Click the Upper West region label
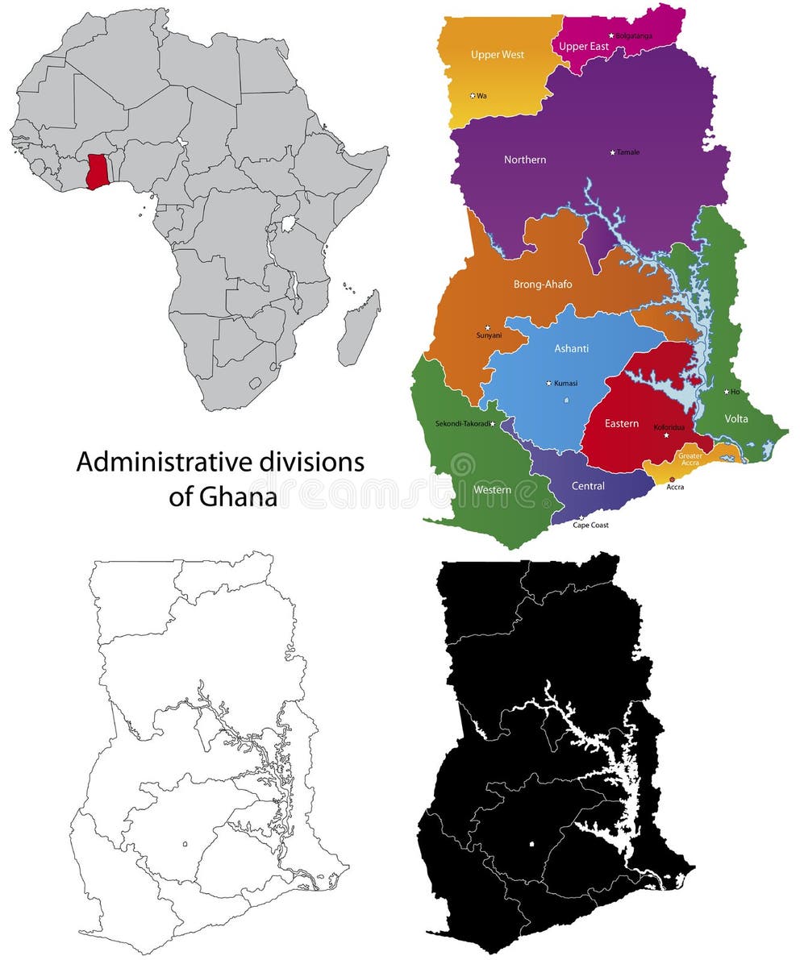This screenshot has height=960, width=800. tap(498, 55)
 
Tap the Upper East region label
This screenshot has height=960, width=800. tap(584, 47)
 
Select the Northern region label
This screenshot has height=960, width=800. tap(525, 160)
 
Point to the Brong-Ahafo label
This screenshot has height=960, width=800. tap(543, 284)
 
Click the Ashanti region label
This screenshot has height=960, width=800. tap(572, 348)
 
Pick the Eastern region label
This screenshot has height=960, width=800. tap(622, 423)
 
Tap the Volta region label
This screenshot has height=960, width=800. tap(736, 418)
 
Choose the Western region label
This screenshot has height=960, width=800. tap(492, 489)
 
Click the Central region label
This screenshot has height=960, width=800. tap(588, 486)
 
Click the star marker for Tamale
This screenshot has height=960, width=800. tap(613, 152)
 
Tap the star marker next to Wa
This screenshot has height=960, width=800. tap(473, 95)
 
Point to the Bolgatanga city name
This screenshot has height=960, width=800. tap(634, 35)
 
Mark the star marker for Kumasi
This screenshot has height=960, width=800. tap(549, 383)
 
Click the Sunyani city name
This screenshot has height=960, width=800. tap(490, 335)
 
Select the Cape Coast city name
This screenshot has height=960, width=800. tap(590, 525)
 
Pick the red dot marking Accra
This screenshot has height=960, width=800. tap(673, 479)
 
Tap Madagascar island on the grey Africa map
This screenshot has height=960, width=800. tap(358, 330)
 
